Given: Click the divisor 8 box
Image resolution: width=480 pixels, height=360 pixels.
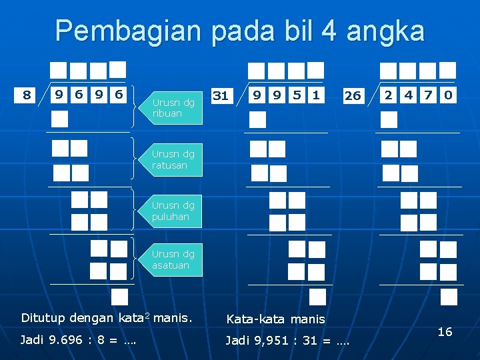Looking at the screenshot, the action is click(x=27, y=95).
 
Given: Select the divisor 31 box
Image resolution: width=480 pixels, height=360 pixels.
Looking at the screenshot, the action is click(x=220, y=96).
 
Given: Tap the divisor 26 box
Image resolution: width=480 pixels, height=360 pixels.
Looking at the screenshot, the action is click(x=352, y=96).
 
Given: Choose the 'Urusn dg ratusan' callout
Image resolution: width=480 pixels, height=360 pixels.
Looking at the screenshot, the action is click(x=173, y=160).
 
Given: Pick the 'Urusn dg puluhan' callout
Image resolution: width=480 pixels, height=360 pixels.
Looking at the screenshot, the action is click(x=173, y=211).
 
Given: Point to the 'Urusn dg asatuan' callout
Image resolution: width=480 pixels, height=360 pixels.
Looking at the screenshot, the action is click(x=173, y=260).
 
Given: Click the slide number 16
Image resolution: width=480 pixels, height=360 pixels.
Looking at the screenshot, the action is click(x=445, y=331).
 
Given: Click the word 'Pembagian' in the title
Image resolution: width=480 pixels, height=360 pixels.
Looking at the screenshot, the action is click(x=128, y=31).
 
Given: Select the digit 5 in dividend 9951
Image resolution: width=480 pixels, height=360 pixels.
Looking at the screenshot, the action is click(x=296, y=95).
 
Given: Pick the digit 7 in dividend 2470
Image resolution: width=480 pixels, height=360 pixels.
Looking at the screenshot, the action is click(x=428, y=95).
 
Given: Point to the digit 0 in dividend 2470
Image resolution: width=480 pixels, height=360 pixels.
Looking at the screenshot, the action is click(x=447, y=95).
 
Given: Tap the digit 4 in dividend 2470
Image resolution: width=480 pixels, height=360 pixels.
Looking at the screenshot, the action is click(x=408, y=95).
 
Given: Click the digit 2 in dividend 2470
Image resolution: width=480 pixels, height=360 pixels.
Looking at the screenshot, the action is click(x=389, y=95).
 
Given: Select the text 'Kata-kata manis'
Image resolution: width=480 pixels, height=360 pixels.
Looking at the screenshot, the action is click(x=275, y=319).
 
